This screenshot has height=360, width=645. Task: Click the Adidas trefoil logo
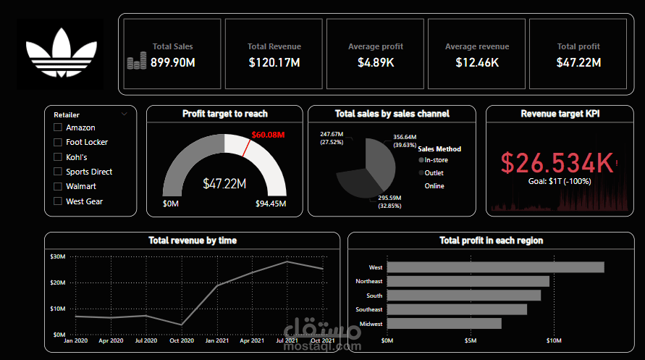pos(60,53)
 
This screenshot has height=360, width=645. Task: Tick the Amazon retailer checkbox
pos(58,127)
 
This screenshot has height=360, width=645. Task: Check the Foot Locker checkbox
pos(58,142)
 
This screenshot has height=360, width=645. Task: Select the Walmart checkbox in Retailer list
pos(58,186)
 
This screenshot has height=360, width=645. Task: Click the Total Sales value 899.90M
pos(172,62)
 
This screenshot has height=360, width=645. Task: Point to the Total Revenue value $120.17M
pos(274,62)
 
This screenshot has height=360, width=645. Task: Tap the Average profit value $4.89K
pos(375,62)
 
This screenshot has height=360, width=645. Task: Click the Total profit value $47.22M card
pos(578,62)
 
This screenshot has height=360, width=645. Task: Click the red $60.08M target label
pos(268,135)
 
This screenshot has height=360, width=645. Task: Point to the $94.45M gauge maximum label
pos(271,204)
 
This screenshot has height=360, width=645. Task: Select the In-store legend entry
pos(437,159)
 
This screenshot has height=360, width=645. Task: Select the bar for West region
pos(495,267)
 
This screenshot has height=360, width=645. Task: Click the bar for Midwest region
pos(444,323)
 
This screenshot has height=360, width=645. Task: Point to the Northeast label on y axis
pos(368,281)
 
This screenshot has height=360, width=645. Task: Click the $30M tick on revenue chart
pos(58,256)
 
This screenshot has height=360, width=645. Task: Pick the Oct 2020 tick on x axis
pos(182,340)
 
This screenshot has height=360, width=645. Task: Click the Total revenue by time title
pos(192,240)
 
